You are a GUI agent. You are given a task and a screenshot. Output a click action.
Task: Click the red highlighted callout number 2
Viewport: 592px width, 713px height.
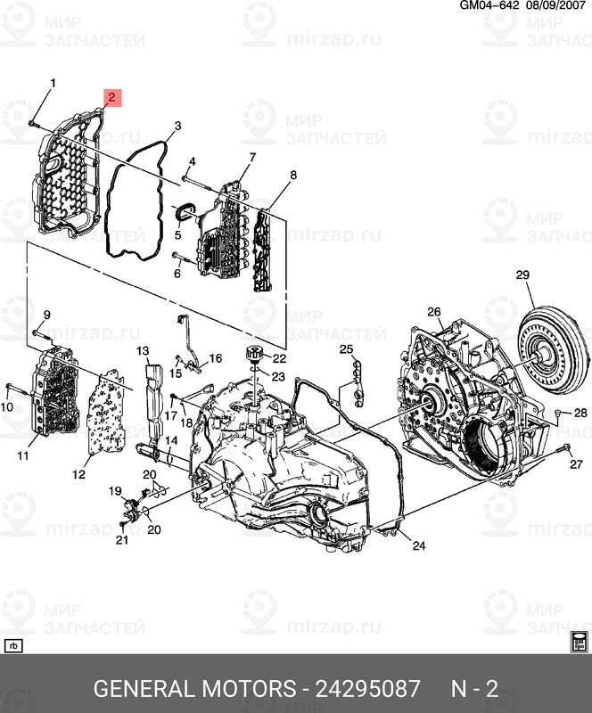point(111,96)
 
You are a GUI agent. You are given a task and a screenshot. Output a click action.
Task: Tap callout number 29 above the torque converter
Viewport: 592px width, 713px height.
point(523,275)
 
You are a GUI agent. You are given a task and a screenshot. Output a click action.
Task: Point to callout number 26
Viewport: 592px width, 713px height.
point(434,311)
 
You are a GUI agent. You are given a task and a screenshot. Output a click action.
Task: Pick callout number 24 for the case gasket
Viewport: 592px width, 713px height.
point(419,546)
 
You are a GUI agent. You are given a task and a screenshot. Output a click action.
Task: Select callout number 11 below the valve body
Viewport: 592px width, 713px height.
point(23,456)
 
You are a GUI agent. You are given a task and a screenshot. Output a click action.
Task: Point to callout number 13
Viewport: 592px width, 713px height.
point(142,351)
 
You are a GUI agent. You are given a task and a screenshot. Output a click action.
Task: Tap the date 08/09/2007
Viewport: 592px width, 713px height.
point(559,6)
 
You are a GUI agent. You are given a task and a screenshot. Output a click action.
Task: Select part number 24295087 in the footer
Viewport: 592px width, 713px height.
point(365,689)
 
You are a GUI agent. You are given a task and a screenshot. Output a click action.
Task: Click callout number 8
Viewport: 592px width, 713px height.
point(292,175)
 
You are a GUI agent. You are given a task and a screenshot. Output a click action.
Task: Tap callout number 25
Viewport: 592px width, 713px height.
point(346,348)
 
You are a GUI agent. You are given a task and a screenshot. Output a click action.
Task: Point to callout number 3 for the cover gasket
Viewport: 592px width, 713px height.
point(177,127)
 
